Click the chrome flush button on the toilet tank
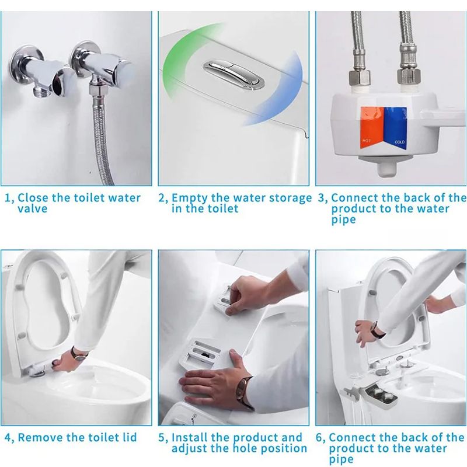point(234,75)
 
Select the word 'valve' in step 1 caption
point(32,208)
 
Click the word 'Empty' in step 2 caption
point(190,198)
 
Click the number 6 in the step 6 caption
point(319,438)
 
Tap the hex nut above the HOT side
point(360,79)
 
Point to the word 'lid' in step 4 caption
point(127,437)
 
